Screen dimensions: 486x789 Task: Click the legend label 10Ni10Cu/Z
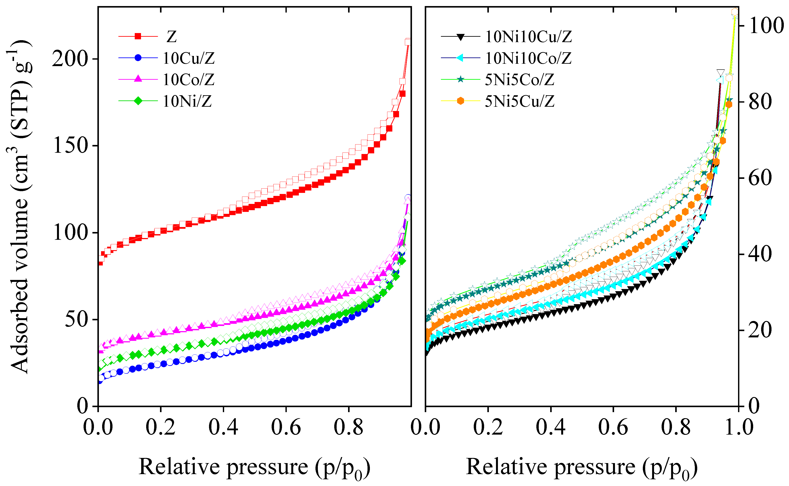(528, 37)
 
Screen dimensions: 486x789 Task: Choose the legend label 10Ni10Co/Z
(528, 58)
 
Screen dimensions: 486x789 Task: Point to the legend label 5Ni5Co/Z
(520, 80)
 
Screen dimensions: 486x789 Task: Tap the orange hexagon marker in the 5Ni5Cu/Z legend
(460, 101)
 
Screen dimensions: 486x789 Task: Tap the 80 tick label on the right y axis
(760, 102)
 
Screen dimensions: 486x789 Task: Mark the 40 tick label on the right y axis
(760, 254)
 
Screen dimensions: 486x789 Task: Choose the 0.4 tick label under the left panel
(223, 427)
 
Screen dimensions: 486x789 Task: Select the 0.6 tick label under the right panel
(613, 427)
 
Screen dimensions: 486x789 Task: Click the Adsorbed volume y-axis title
(20, 207)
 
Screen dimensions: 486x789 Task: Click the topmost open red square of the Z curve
(408, 42)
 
